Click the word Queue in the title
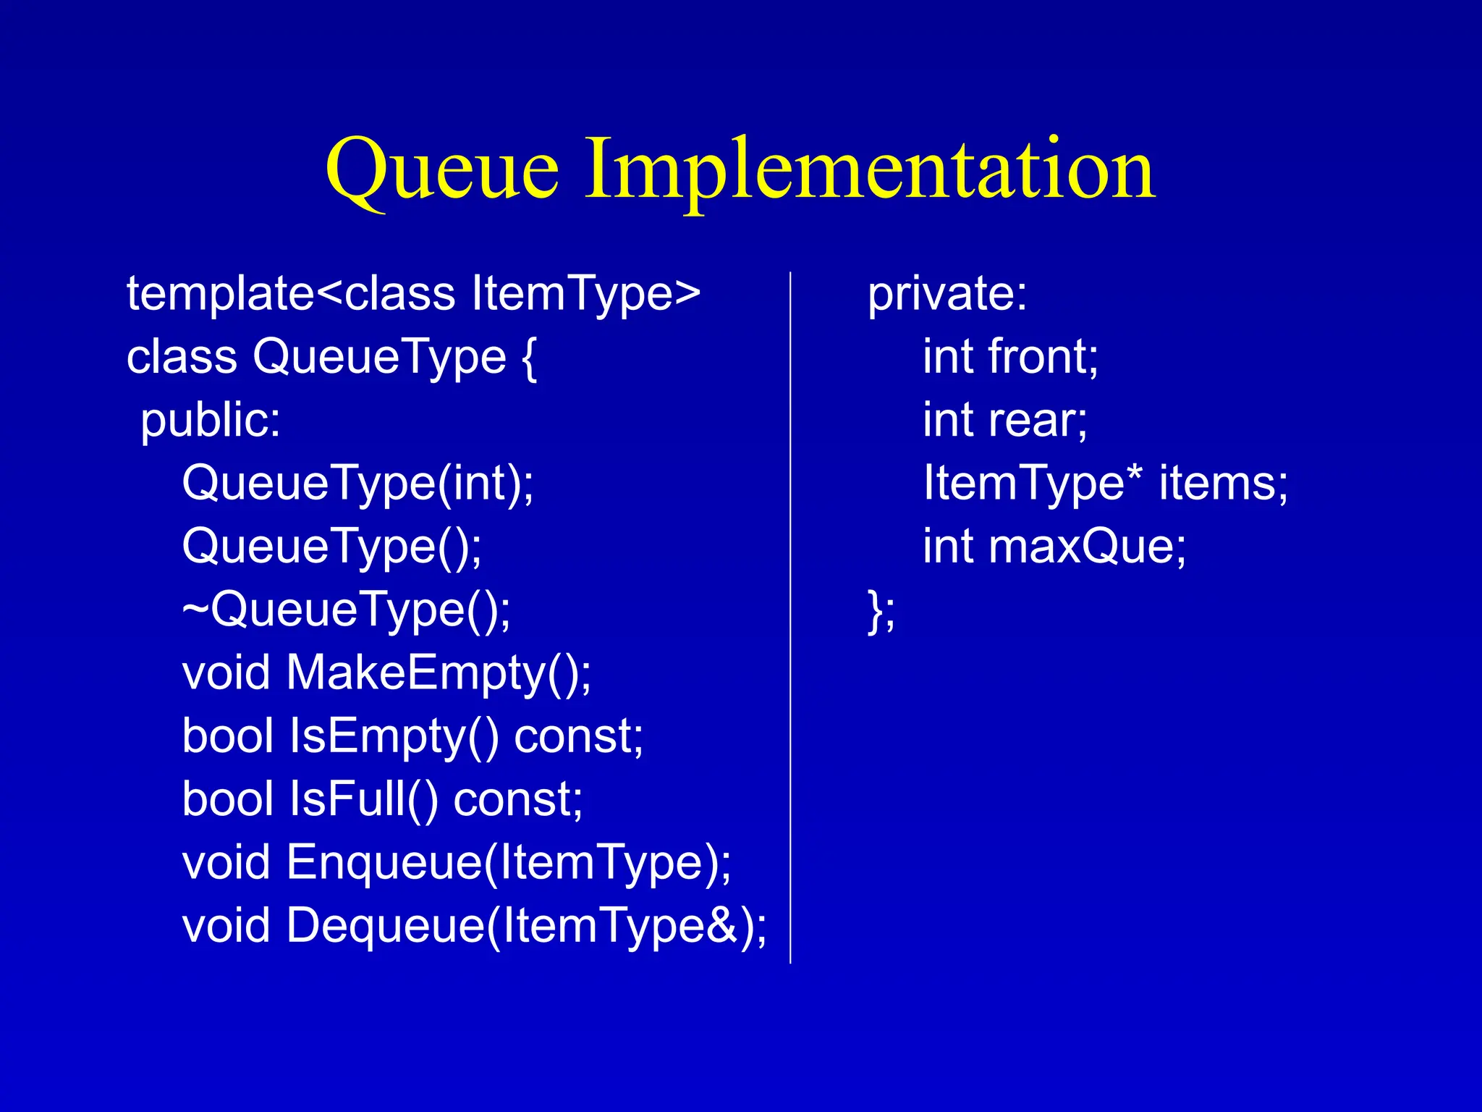coord(442,170)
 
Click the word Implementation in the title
coord(869,170)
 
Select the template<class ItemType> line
coord(413,294)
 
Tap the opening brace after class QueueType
coord(528,358)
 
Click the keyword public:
coord(210,421)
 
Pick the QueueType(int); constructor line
coord(357,484)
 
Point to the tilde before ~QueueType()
coord(195,610)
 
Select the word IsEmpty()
coord(394,736)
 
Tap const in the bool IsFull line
coord(517,800)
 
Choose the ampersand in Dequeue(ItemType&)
coord(721,925)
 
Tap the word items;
coord(1223,484)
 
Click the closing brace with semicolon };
coord(881,610)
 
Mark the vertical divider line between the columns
coord(790,615)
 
